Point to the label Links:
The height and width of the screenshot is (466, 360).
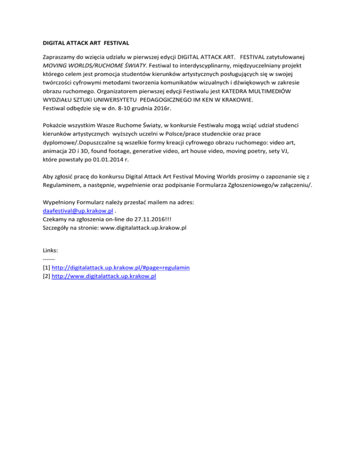click(50, 250)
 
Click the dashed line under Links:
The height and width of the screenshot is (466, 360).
click(49, 259)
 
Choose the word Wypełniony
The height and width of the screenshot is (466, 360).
click(60, 202)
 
